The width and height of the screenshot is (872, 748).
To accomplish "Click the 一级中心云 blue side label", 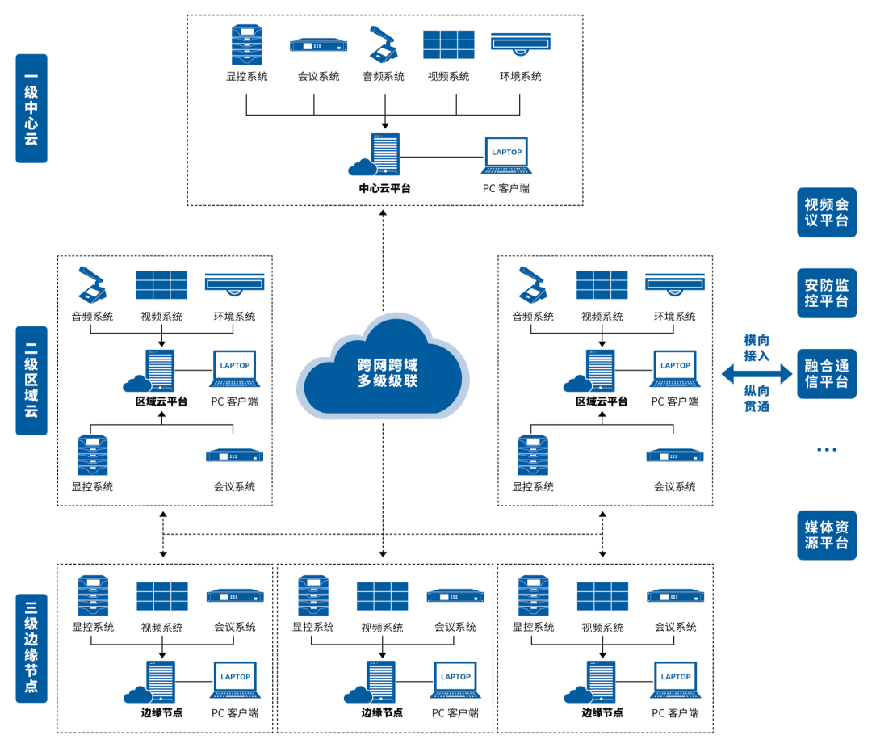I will pyautogui.click(x=31, y=108).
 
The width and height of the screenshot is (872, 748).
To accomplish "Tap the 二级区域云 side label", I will pyautogui.click(x=31, y=380).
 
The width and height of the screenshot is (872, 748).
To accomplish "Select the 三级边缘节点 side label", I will pyautogui.click(x=31, y=648).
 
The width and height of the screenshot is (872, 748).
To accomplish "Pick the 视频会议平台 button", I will pyautogui.click(x=826, y=212).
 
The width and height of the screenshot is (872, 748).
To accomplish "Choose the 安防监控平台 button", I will pyautogui.click(x=826, y=293).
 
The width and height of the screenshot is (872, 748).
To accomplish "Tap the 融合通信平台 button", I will pyautogui.click(x=826, y=373).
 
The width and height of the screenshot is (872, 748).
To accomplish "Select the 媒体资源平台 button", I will pyautogui.click(x=826, y=535).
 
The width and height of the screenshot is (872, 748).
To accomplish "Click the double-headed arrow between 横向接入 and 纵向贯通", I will pyautogui.click(x=757, y=373).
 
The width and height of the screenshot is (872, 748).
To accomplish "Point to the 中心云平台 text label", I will pyautogui.click(x=384, y=188).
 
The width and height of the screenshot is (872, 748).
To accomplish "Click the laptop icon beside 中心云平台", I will pyautogui.click(x=507, y=155).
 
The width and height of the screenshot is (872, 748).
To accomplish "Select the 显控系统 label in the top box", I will pyautogui.click(x=246, y=77).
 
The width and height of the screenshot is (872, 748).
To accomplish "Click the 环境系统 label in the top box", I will pyautogui.click(x=520, y=77).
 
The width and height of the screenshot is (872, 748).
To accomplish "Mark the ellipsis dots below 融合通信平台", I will pyautogui.click(x=826, y=449).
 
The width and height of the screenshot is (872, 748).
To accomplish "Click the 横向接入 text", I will pyautogui.click(x=757, y=348).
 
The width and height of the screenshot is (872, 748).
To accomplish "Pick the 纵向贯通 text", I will pyautogui.click(x=757, y=398).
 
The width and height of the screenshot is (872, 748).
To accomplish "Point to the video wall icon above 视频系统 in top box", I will pyautogui.click(x=449, y=44).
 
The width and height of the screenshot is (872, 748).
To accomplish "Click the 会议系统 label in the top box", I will pyautogui.click(x=318, y=77).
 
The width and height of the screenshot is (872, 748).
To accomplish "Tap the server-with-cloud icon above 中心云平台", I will pyautogui.click(x=376, y=155).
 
